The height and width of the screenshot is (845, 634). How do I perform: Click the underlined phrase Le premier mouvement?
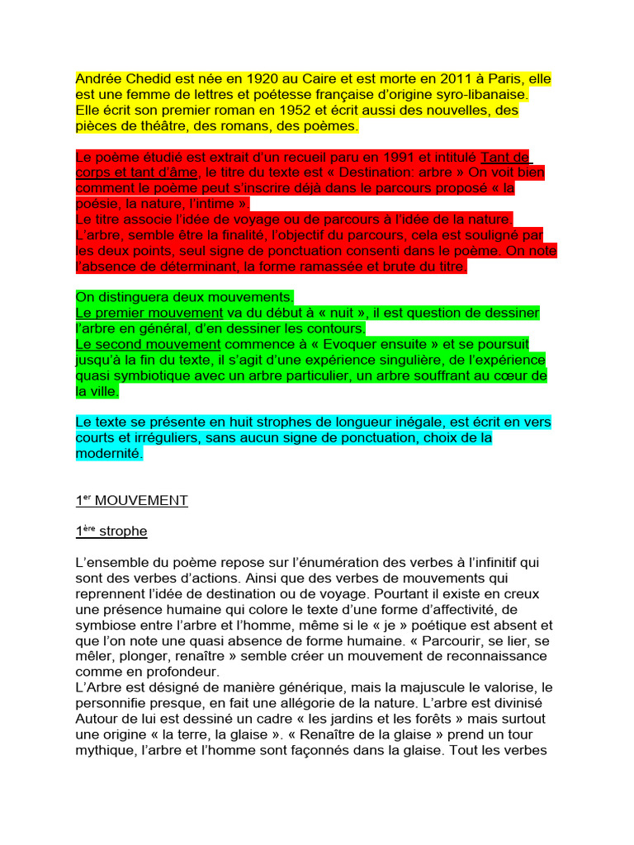click(149, 313)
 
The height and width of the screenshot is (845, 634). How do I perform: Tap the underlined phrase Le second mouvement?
click(148, 344)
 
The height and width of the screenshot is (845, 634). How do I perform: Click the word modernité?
click(109, 454)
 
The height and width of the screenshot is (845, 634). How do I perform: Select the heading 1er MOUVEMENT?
click(132, 500)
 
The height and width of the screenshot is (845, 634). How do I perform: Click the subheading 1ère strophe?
click(111, 531)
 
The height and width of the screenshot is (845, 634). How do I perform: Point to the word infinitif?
click(488, 563)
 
